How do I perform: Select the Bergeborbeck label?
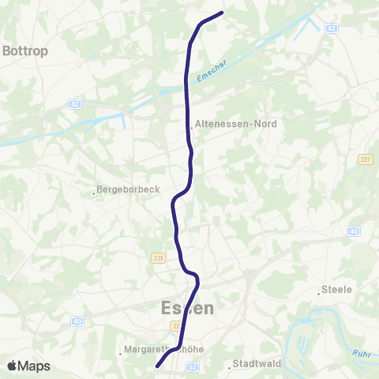pyautogui.click(x=128, y=190)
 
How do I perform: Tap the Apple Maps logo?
pyautogui.click(x=28, y=366)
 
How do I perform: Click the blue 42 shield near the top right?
pyautogui.click(x=332, y=28)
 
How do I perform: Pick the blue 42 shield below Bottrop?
pyautogui.click(x=74, y=103)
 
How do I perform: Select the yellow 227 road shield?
pyautogui.click(x=364, y=159)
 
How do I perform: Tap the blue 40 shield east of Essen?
pyautogui.click(x=354, y=231)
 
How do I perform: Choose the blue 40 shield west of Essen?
pyautogui.click(x=77, y=321)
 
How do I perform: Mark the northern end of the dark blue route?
pyautogui.click(x=223, y=12)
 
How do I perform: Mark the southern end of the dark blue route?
pyautogui.click(x=158, y=366)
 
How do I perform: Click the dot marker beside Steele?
pyautogui.click(x=319, y=293)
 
